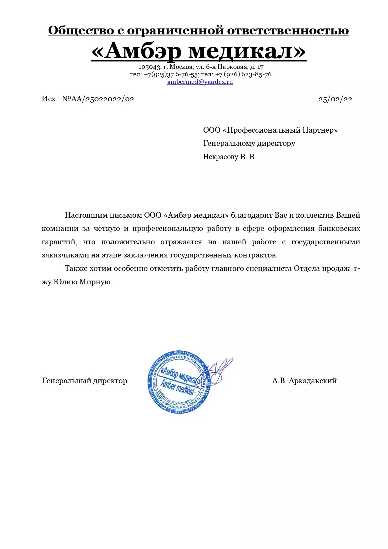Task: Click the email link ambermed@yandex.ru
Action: [x=200, y=82]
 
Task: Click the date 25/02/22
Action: [x=335, y=99]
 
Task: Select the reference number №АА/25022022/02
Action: [x=98, y=99]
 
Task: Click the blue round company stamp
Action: [x=179, y=382]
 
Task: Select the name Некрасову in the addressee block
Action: [x=220, y=157]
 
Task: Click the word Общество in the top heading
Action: [x=81, y=31]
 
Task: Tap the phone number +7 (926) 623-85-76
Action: [x=243, y=74]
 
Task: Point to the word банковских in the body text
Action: [x=339, y=229]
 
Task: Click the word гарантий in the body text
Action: [x=59, y=242]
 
